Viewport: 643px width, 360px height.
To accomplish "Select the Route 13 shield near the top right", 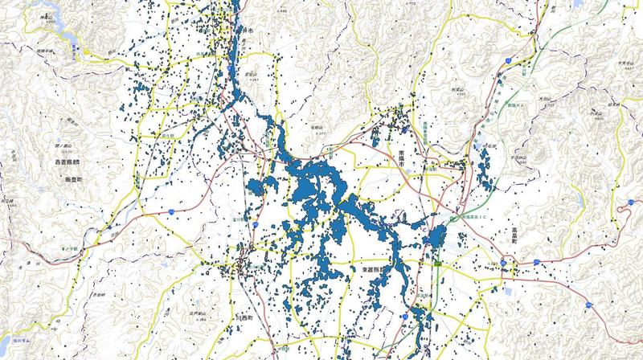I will click(x=507, y=60).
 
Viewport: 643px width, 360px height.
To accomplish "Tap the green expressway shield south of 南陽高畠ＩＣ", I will click(x=435, y=263).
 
